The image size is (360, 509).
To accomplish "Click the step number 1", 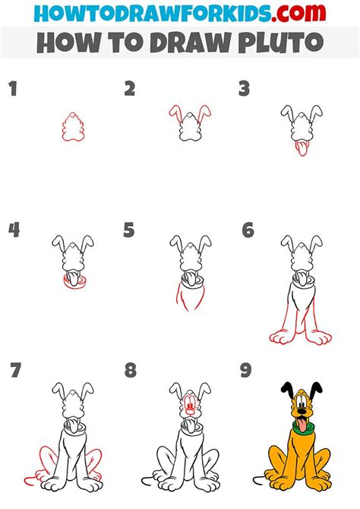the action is coord(13,89).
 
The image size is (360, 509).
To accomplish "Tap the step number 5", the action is coord(129,230).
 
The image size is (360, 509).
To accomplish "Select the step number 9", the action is coord(246,371).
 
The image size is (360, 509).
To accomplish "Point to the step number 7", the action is coord(16,371).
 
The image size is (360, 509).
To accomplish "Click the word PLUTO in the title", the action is coord(281,43).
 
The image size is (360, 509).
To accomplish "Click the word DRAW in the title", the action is coord(190,43).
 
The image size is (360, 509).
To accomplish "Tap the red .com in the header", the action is coord(298,14).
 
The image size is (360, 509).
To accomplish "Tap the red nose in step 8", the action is coord(190,413).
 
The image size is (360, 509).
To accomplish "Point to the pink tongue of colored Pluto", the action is coord(302,425).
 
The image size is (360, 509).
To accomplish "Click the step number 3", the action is coord(244,89).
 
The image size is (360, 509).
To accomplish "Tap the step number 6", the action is coord(248,230).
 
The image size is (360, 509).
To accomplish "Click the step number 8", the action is coord(131,371).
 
